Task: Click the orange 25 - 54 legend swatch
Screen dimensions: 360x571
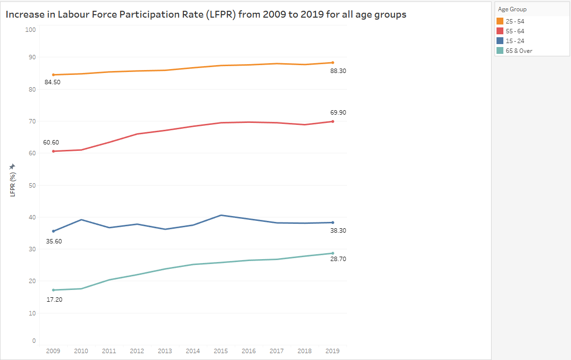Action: tap(500, 22)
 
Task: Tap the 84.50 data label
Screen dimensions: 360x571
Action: tap(53, 82)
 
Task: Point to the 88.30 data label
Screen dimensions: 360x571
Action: tap(338, 71)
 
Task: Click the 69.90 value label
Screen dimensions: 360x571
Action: tap(338, 113)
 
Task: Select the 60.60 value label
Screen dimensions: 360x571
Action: tap(51, 143)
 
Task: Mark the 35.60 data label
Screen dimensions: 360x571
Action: tap(53, 241)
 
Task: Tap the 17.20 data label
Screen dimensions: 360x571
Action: tap(54, 299)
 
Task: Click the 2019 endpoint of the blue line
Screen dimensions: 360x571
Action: tap(333, 222)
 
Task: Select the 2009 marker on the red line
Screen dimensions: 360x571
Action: tap(53, 151)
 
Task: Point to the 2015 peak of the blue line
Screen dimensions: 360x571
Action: tap(221, 215)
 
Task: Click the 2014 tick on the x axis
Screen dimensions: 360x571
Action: tap(193, 351)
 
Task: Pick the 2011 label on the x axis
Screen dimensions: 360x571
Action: tap(109, 351)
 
